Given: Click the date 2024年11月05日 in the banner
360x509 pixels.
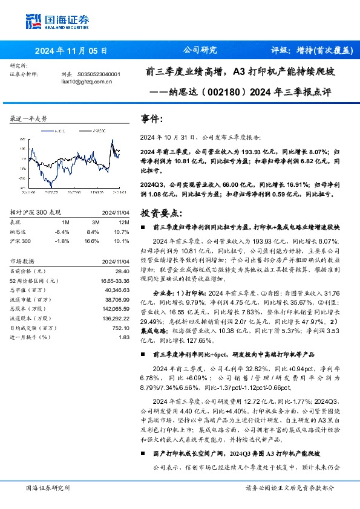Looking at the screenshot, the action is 71,51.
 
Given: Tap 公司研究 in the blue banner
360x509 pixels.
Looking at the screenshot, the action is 200,51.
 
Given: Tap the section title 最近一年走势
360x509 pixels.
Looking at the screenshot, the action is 28,119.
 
